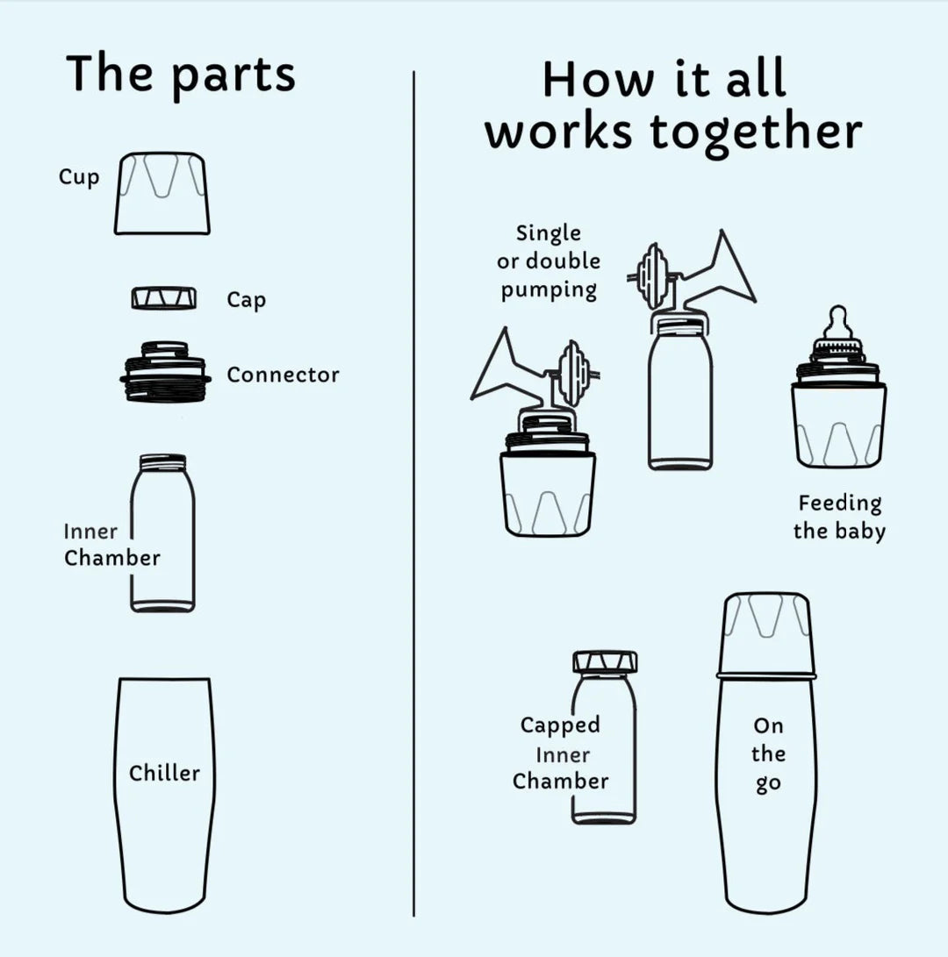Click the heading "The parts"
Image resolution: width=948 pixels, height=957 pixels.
pyautogui.click(x=181, y=75)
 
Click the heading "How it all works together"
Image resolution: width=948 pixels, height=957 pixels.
pyautogui.click(x=673, y=105)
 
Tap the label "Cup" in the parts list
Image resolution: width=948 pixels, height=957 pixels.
pyautogui.click(x=79, y=177)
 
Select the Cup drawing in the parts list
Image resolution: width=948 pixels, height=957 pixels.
pyautogui.click(x=162, y=194)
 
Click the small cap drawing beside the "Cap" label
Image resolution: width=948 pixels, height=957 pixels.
pyautogui.click(x=164, y=298)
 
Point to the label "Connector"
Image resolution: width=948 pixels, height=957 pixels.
pyautogui.click(x=283, y=375)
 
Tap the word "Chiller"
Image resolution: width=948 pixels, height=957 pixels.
pyautogui.click(x=164, y=774)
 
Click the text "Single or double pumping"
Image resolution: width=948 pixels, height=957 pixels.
pyautogui.click(x=549, y=261)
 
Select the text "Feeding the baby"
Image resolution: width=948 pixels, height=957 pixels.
pyautogui.click(x=839, y=517)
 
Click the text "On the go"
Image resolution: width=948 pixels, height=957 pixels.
pyautogui.click(x=767, y=754)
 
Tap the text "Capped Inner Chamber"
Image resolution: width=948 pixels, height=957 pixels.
pyautogui.click(x=560, y=753)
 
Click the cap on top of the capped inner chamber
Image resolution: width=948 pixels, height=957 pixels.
pyautogui.click(x=605, y=661)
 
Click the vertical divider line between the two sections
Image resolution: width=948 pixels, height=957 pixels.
pyautogui.click(x=413, y=491)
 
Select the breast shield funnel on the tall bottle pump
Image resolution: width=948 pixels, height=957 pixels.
pyautogui.click(x=725, y=272)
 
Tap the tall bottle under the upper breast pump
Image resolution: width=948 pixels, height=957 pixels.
pyautogui.click(x=680, y=395)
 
